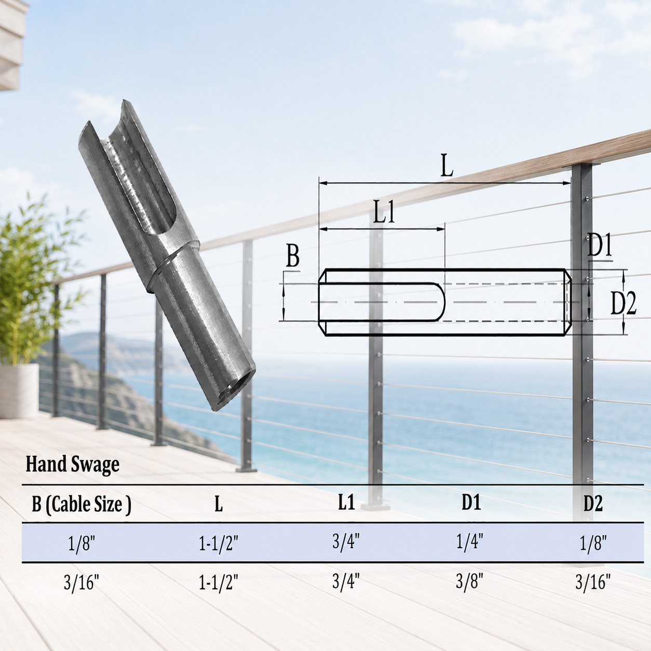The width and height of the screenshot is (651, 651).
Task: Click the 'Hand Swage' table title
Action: tap(72, 465)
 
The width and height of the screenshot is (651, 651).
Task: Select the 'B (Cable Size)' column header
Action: tap(82, 505)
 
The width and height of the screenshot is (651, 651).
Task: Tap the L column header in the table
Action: tap(219, 505)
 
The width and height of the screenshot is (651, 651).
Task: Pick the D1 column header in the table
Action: tap(471, 504)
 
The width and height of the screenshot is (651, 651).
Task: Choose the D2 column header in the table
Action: tap(593, 504)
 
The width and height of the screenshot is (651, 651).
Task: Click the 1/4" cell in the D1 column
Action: tap(470, 541)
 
